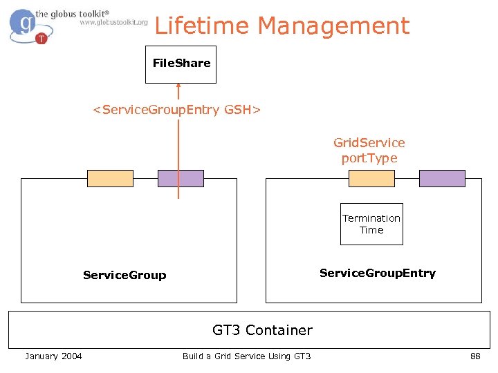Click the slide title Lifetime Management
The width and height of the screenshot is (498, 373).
[x=282, y=26]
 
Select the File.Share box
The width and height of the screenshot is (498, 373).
[x=181, y=64]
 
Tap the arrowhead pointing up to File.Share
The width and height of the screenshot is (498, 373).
[x=178, y=88]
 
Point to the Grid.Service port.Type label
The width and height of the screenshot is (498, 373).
[x=369, y=150]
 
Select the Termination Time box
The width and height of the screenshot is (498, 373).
[x=371, y=224]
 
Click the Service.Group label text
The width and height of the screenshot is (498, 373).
[x=124, y=275]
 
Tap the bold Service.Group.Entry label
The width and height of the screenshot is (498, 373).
[x=378, y=273]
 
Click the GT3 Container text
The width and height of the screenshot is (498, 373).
[x=262, y=330]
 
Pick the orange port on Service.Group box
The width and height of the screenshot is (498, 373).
[x=110, y=178]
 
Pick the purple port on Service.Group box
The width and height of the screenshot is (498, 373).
[x=181, y=178]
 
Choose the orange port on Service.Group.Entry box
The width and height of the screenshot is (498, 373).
[x=371, y=178]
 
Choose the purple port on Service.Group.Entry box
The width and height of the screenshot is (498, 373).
[x=443, y=178]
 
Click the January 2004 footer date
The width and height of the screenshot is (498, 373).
[x=53, y=356]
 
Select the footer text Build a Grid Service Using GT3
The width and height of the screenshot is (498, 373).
[x=247, y=356]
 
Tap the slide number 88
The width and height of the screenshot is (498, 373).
[x=475, y=356]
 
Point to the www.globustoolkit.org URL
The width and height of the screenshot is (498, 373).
[x=113, y=22]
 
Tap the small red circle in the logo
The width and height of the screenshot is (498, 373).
[x=41, y=38]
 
